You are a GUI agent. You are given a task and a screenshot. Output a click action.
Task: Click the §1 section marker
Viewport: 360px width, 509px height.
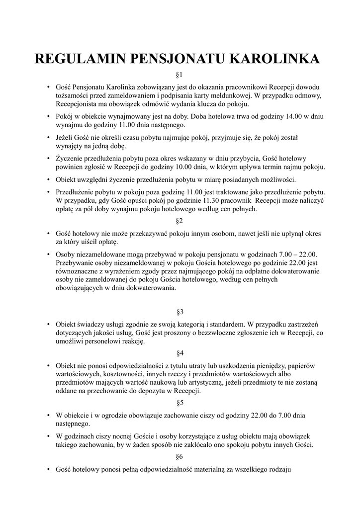[x=180, y=75]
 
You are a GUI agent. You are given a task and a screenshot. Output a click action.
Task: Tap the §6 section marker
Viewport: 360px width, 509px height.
[x=180, y=456]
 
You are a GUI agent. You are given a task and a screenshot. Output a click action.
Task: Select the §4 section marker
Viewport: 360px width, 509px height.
[x=180, y=353]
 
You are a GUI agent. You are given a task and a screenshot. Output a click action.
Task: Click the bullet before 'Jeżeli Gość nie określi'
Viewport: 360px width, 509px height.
[x=48, y=137]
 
